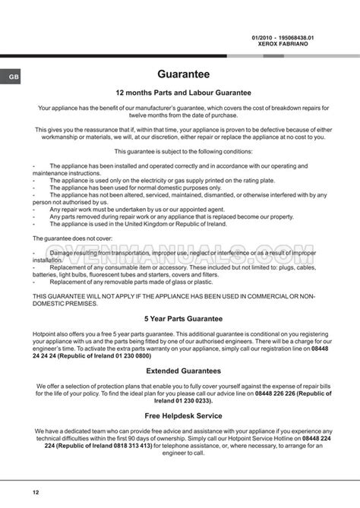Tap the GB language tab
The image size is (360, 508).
14,77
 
